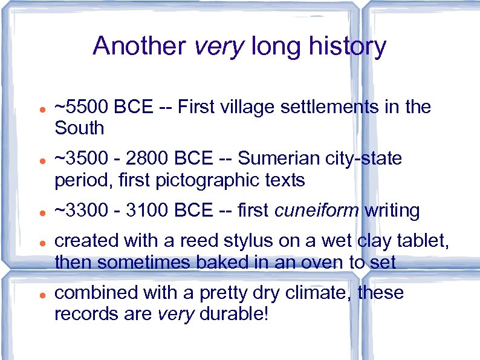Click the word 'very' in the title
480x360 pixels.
[219, 46]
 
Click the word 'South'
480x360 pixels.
[79, 128]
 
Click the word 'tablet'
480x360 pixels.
[426, 241]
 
